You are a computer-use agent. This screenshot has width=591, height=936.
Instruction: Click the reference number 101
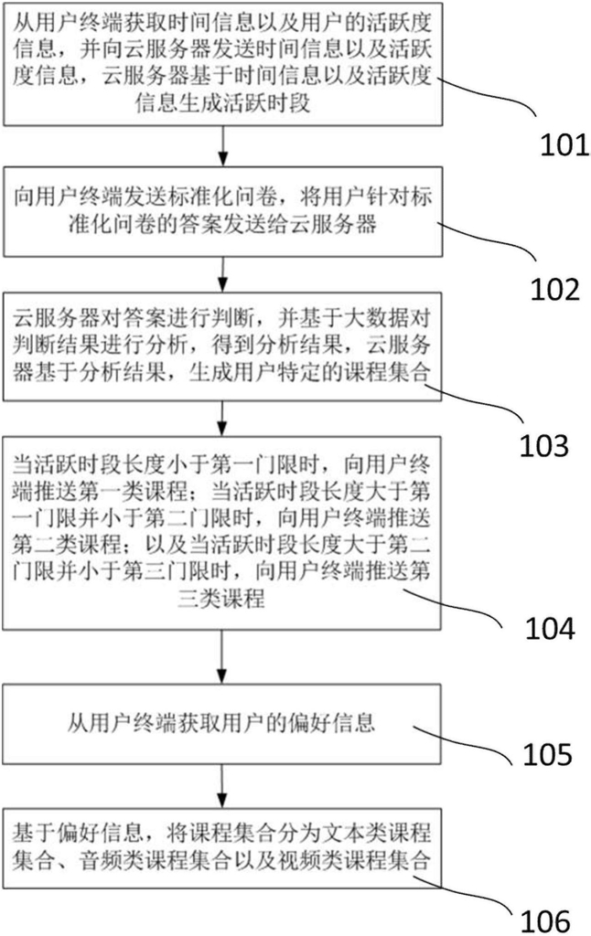[564, 145]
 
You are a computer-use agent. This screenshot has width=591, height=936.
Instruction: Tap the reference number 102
[555, 289]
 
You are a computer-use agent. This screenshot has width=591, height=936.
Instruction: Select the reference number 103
[543, 446]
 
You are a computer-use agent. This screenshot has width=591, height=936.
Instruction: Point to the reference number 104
[550, 628]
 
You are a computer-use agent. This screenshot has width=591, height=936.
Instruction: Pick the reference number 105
[547, 754]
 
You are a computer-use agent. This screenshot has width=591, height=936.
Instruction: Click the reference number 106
[545, 921]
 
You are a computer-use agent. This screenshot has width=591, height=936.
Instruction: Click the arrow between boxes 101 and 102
[223, 146]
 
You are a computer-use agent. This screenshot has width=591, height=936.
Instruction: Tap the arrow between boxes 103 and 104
[223, 419]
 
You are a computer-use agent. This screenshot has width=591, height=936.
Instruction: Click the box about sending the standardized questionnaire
[223, 212]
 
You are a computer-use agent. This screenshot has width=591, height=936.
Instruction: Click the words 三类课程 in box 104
[221, 598]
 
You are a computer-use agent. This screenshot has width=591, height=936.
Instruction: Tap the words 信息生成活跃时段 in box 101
[222, 103]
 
